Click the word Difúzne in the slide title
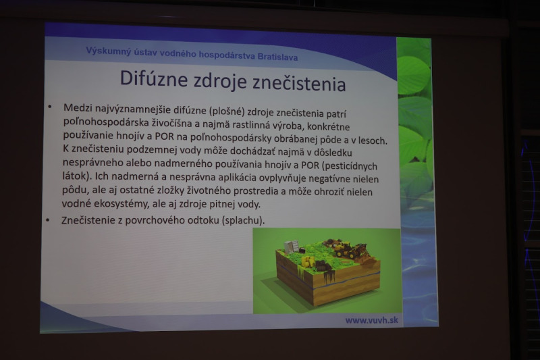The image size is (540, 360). (154, 79)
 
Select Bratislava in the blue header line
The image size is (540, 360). (277, 57)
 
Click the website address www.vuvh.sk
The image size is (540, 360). (372, 320)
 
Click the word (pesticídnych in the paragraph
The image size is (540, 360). (350, 166)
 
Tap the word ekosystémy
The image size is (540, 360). (117, 203)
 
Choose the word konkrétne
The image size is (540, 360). (328, 126)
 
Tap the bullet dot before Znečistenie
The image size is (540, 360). (48, 220)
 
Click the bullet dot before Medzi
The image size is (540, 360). (50, 107)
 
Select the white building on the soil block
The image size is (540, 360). (292, 247)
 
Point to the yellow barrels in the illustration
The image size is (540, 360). (308, 261)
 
